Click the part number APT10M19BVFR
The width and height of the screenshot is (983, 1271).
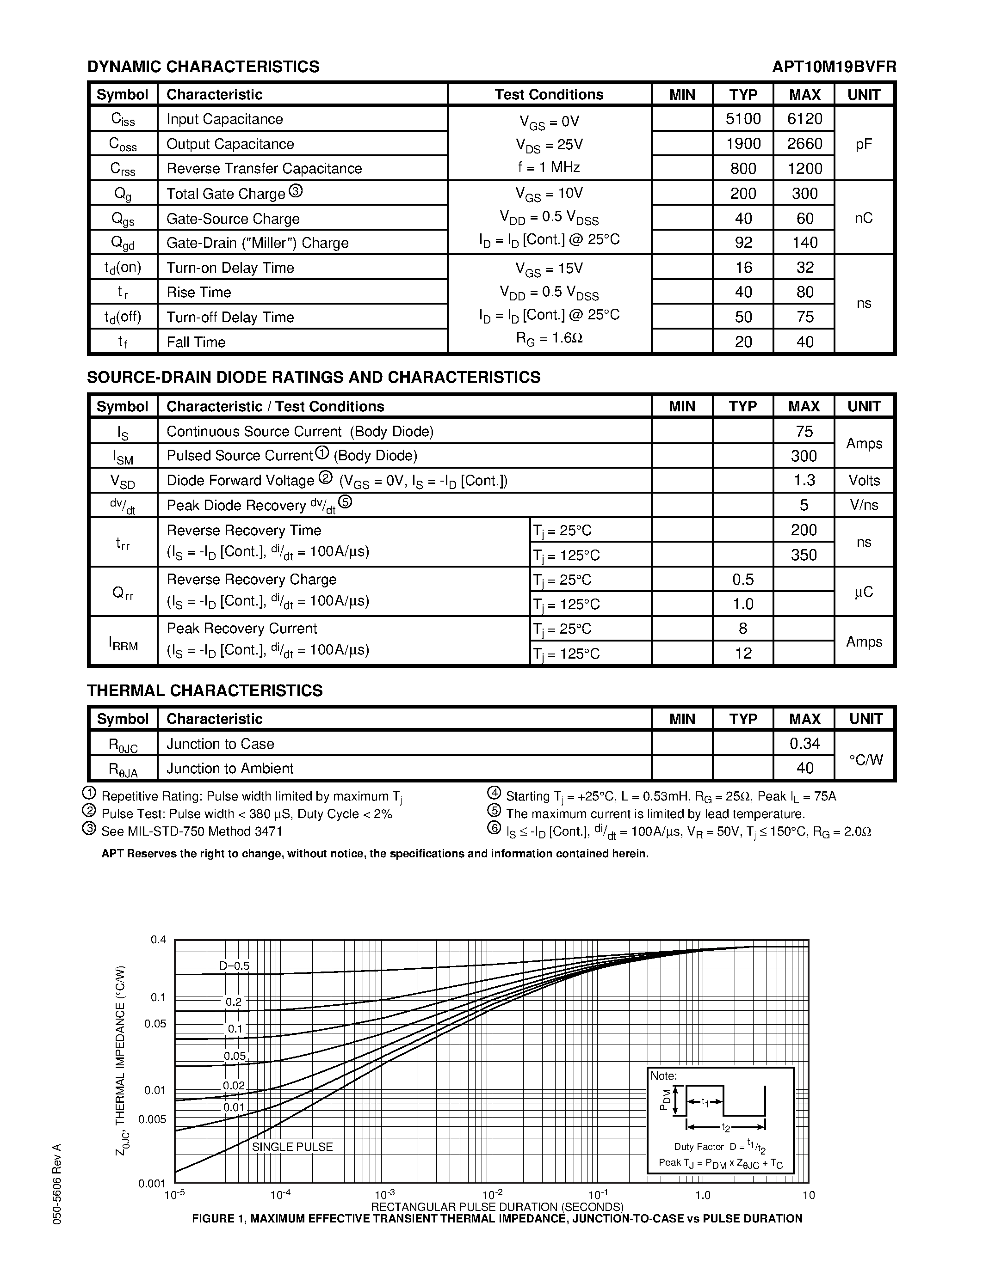point(834,67)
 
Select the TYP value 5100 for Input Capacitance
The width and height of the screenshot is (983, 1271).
point(743,119)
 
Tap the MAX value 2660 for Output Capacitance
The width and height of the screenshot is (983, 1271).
point(804,144)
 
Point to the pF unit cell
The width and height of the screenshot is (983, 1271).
point(864,144)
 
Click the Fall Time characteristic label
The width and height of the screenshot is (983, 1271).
point(196,342)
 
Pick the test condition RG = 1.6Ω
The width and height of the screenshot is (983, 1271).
point(549,338)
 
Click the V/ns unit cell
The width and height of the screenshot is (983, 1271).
point(864,505)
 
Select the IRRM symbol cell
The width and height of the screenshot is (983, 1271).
point(123,642)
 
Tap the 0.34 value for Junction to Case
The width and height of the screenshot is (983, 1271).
point(804,744)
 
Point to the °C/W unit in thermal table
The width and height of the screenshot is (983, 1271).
point(866,759)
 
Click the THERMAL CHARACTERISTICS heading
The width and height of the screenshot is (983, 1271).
point(204,691)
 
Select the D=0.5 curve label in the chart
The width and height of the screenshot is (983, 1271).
point(234,966)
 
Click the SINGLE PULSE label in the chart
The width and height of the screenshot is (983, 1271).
point(292,1147)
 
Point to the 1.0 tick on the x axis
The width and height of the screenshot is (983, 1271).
point(703,1195)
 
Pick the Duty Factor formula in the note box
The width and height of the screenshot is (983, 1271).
point(720,1147)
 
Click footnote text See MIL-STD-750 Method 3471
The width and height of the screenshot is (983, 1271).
point(192,831)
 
